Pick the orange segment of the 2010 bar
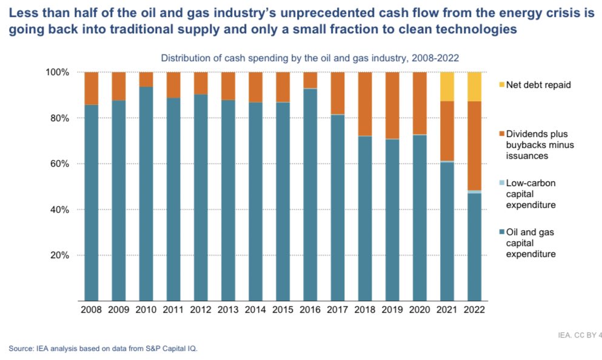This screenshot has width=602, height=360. point(145,79)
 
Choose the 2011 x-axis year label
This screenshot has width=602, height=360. point(173,309)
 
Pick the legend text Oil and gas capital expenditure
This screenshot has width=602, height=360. point(530,242)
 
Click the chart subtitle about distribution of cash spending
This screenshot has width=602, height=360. point(309,58)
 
